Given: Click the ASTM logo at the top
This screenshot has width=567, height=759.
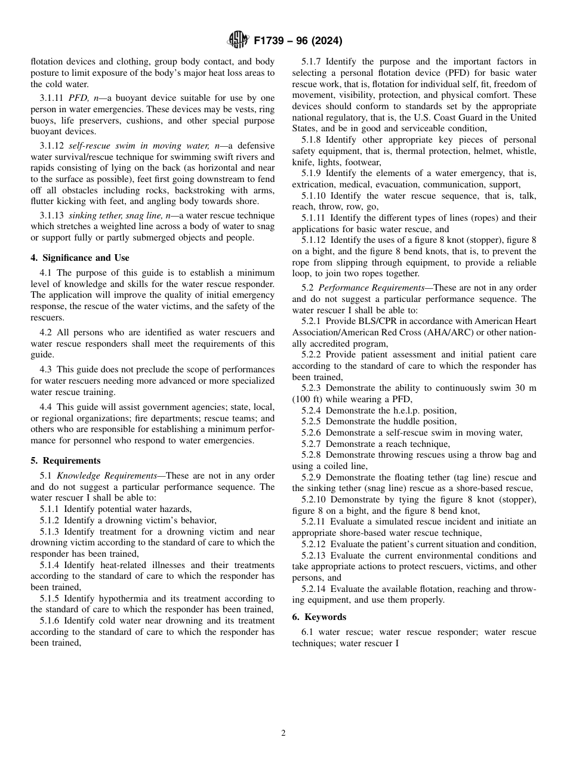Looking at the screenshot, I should tap(238, 41).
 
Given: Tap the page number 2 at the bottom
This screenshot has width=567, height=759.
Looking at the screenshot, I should tap(283, 733).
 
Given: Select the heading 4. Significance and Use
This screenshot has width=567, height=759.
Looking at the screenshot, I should tap(80, 258).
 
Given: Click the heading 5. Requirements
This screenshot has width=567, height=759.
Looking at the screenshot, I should tap(66, 461).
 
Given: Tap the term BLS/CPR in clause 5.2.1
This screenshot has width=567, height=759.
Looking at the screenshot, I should tap(374, 321).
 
